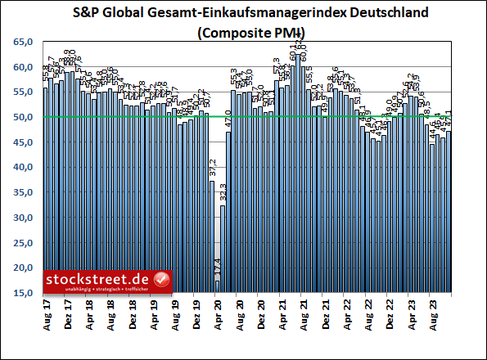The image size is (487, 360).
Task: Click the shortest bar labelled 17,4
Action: (x=218, y=286)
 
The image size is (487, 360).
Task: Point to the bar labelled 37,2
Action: (x=213, y=236)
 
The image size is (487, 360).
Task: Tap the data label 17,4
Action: (x=218, y=268)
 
